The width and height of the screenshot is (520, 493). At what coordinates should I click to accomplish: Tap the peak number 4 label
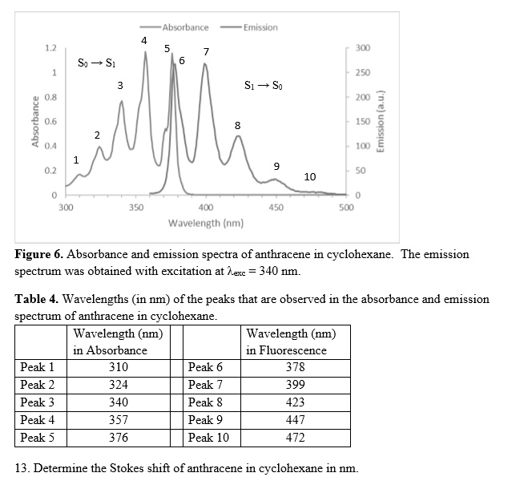click(x=143, y=40)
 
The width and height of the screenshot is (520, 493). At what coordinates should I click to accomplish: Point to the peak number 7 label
click(x=207, y=52)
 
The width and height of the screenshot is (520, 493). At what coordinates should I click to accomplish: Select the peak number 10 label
click(x=310, y=176)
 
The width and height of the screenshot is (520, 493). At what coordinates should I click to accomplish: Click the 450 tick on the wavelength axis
click(x=276, y=207)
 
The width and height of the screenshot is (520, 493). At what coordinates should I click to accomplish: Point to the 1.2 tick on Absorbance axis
click(x=50, y=48)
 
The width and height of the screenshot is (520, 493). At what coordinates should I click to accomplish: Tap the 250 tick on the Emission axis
click(x=362, y=73)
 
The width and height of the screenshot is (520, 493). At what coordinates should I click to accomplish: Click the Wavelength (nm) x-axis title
click(x=206, y=222)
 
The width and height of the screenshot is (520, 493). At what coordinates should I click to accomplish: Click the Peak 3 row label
click(x=38, y=402)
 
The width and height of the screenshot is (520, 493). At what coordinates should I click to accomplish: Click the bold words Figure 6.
click(x=38, y=254)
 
